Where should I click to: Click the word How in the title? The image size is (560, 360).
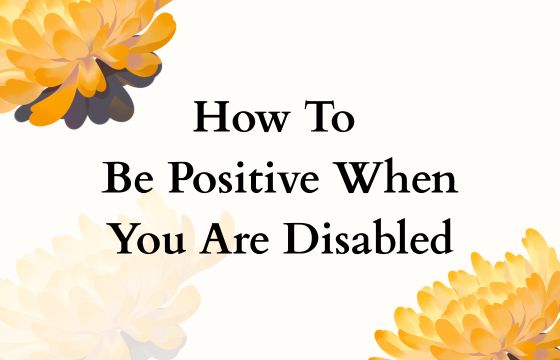coord(235,119)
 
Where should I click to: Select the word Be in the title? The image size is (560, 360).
coord(125,180)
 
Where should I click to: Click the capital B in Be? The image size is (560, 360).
coord(115,180)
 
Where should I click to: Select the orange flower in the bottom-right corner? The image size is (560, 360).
coord(480,310)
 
